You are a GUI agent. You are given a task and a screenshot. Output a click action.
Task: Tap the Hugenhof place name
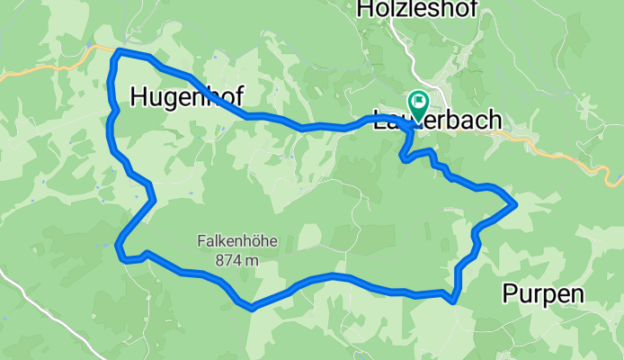coord(187,97)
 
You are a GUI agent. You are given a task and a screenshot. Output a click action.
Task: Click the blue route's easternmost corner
coord(513,204)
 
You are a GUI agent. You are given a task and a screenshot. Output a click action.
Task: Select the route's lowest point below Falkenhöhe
coord(252,308)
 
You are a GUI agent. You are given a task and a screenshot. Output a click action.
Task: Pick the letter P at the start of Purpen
coord(511,293)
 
